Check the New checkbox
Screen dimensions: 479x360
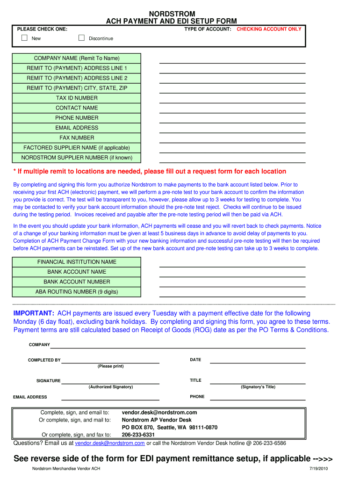pos(25,38)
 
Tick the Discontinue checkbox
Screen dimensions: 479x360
pos(81,38)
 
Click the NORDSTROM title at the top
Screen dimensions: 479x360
pos(172,14)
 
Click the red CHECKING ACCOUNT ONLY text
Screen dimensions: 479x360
pos(269,29)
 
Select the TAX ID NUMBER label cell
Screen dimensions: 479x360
pos(77,98)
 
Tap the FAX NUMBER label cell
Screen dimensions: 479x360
pos(77,138)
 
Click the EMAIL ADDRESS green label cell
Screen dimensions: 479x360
pos(77,128)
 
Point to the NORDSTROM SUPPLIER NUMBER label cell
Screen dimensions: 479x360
pos(77,158)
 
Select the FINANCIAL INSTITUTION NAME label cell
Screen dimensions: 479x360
pos(77,262)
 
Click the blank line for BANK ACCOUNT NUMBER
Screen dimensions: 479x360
pos(232,286)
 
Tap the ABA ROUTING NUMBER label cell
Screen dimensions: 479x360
pos(77,291)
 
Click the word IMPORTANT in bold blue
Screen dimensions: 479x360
pos(34,313)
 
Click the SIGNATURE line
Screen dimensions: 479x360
pos(110,383)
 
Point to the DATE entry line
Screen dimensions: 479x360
pos(257,362)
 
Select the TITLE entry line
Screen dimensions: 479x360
pos(257,383)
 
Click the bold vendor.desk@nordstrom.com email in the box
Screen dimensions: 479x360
pos(159,413)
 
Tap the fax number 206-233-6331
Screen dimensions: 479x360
pos(138,435)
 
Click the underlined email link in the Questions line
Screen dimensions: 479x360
pos(110,443)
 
